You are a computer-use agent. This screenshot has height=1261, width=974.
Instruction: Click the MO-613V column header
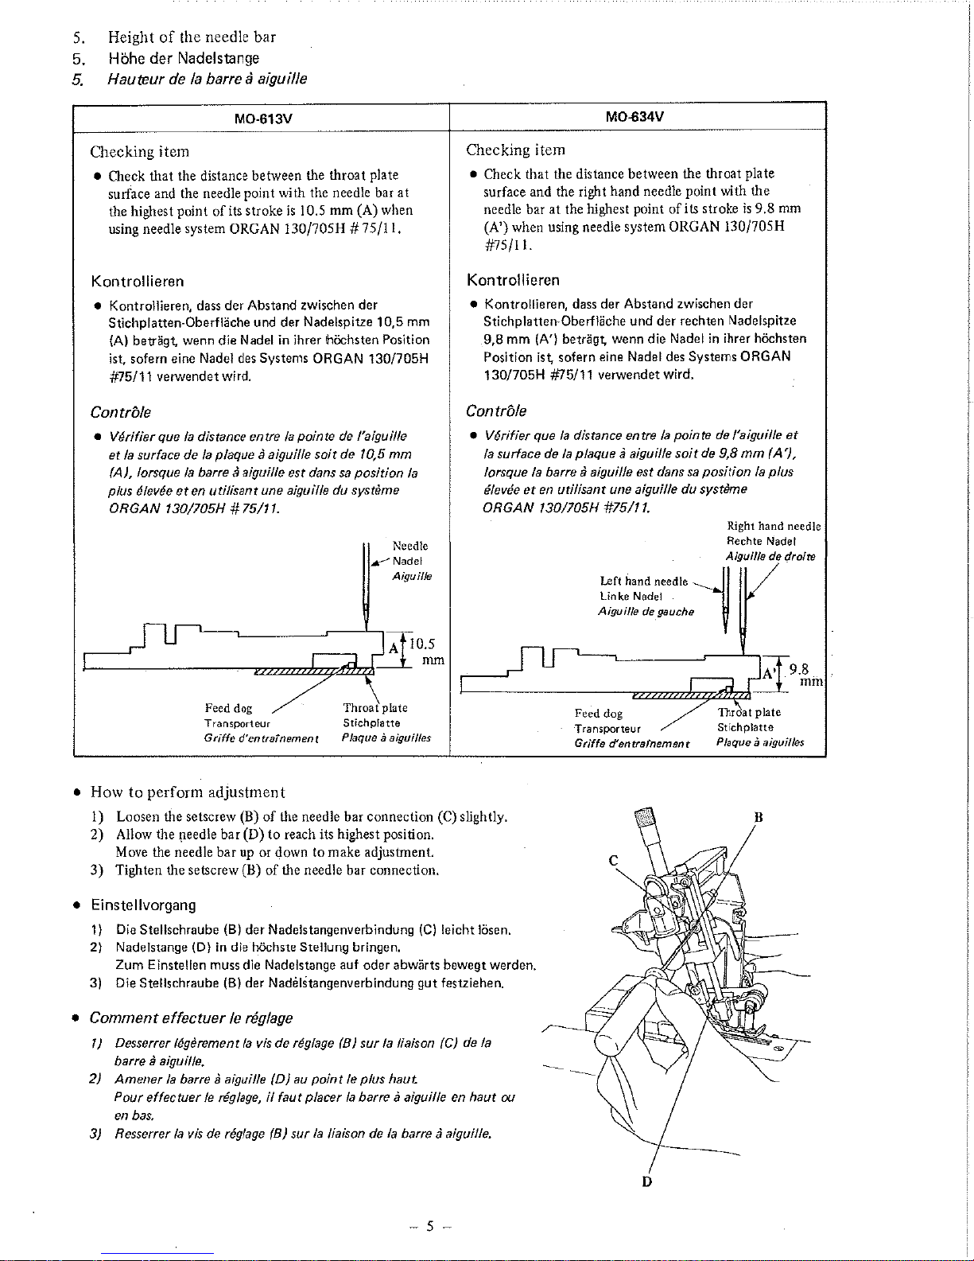[x=262, y=119]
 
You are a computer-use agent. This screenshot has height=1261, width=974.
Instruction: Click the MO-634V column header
[x=634, y=117]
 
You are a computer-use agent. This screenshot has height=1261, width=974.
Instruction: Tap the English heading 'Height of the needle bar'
[x=192, y=37]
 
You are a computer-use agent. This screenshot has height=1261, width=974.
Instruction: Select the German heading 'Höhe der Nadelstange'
[x=184, y=58]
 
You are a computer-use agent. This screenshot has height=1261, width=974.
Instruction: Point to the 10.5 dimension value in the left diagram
[x=422, y=644]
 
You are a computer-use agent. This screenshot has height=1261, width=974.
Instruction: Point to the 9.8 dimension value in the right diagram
[x=798, y=670]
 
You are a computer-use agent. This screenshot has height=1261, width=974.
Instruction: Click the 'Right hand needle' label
[x=774, y=527]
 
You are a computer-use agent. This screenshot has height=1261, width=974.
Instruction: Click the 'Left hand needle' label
[x=643, y=581]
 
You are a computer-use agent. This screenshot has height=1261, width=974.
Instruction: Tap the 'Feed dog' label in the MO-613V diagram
[x=228, y=708]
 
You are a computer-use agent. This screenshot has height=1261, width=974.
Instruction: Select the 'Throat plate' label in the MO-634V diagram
[x=749, y=712]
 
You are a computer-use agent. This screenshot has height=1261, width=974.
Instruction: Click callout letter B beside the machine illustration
[x=759, y=817]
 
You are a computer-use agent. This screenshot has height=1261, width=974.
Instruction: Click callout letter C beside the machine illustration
[x=613, y=861]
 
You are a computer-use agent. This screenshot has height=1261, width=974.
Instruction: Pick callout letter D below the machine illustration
[x=647, y=1181]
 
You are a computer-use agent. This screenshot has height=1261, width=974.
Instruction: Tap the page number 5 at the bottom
[x=430, y=1226]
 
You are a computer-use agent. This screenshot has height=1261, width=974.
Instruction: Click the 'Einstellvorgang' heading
[x=143, y=905]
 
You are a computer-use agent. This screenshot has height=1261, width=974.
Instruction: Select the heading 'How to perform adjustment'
[x=188, y=792]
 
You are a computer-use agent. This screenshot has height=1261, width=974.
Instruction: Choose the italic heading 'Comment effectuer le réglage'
[x=191, y=1018]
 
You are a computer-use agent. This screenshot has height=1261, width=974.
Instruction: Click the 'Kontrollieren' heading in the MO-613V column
[x=138, y=282]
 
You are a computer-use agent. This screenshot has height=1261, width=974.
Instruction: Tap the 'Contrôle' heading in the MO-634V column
[x=496, y=411]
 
